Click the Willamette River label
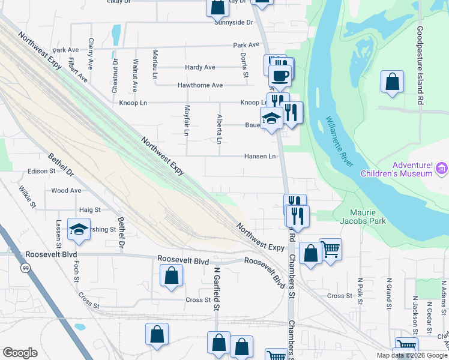click(340, 142)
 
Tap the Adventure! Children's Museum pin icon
click(443, 169)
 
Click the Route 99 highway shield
click(25, 268)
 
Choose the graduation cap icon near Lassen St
click(79, 230)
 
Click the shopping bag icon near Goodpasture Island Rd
click(392, 83)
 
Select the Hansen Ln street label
click(259, 156)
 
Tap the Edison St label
click(41, 172)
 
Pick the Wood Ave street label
click(66, 190)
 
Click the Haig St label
click(89, 210)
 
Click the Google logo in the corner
click(20, 353)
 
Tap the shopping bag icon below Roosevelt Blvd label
click(172, 276)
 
